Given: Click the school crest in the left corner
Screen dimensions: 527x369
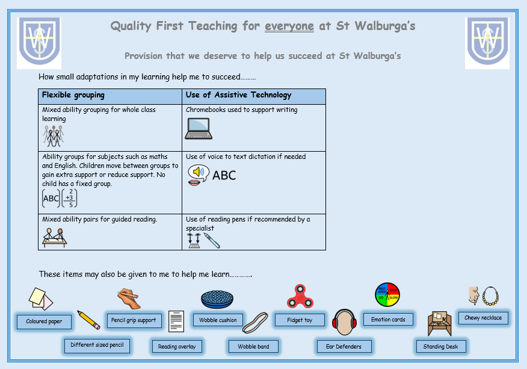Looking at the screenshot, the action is [x=39, y=42].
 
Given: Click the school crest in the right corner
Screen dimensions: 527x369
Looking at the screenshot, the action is [x=487, y=42].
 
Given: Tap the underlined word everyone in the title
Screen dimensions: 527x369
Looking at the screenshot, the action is [x=289, y=26].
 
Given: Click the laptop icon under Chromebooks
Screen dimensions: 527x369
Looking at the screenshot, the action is [x=199, y=128].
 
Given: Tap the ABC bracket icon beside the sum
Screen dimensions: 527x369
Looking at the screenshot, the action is [x=51, y=198].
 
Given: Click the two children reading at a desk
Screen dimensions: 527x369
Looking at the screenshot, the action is [x=55, y=238].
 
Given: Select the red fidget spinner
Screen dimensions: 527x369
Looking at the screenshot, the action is [x=300, y=296].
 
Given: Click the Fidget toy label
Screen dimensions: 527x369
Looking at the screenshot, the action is [x=300, y=320].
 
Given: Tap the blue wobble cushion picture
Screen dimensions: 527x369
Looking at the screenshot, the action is [x=217, y=299].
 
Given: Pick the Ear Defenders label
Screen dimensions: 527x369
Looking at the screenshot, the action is [x=344, y=347].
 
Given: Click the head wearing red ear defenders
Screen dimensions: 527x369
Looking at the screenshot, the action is [x=344, y=322].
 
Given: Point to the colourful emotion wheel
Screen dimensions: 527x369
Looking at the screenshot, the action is [x=387, y=295].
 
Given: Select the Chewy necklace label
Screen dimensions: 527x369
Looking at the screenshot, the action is [x=483, y=318].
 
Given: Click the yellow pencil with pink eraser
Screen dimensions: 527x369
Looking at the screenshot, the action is [x=88, y=320].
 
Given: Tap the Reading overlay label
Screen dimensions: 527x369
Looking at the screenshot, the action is [x=177, y=347].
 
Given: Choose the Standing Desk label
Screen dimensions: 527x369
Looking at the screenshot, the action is [x=440, y=347].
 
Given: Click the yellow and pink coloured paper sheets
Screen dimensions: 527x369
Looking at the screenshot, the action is [x=41, y=299].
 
